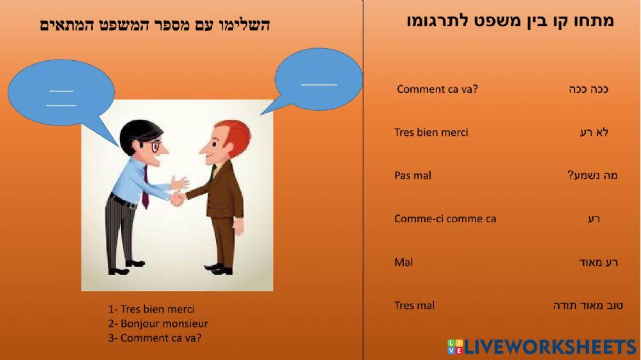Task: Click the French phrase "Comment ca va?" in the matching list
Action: click(x=437, y=89)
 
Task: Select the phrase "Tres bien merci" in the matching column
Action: click(x=431, y=133)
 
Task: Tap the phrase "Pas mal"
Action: click(x=412, y=176)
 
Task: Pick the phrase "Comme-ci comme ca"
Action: click(x=445, y=219)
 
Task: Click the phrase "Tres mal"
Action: click(x=414, y=306)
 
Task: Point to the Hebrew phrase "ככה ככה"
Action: click(x=588, y=89)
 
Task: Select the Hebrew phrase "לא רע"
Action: click(x=594, y=133)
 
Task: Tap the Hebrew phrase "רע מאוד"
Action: click(x=597, y=262)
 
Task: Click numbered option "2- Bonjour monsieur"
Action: click(x=158, y=324)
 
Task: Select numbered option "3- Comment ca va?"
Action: click(x=154, y=338)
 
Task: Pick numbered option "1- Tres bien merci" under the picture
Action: click(x=151, y=309)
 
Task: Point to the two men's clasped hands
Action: click(x=178, y=199)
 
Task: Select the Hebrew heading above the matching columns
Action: click(x=510, y=21)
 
